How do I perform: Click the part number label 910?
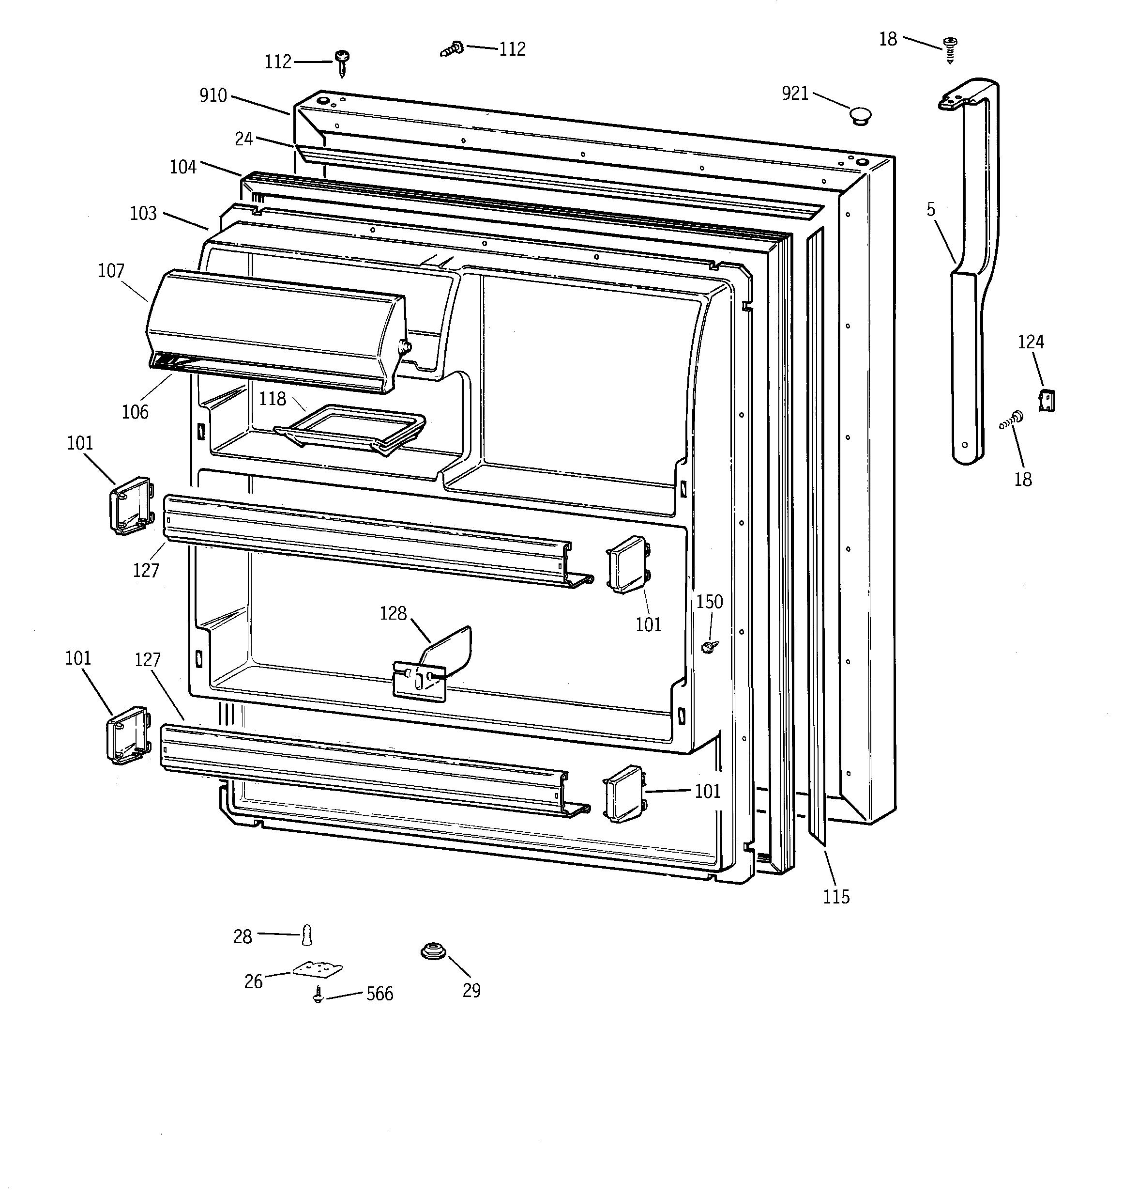tap(213, 95)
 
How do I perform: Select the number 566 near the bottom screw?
tap(380, 993)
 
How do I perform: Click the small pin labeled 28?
tap(307, 935)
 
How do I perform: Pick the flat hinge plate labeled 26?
tap(317, 969)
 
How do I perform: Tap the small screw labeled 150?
tap(710, 646)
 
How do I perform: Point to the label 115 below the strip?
tap(836, 897)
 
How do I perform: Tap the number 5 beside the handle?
tap(931, 209)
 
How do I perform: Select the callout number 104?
tap(183, 167)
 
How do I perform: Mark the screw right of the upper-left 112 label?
tap(343, 62)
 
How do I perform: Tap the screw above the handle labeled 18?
tap(951, 50)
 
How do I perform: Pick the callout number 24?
tap(243, 139)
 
